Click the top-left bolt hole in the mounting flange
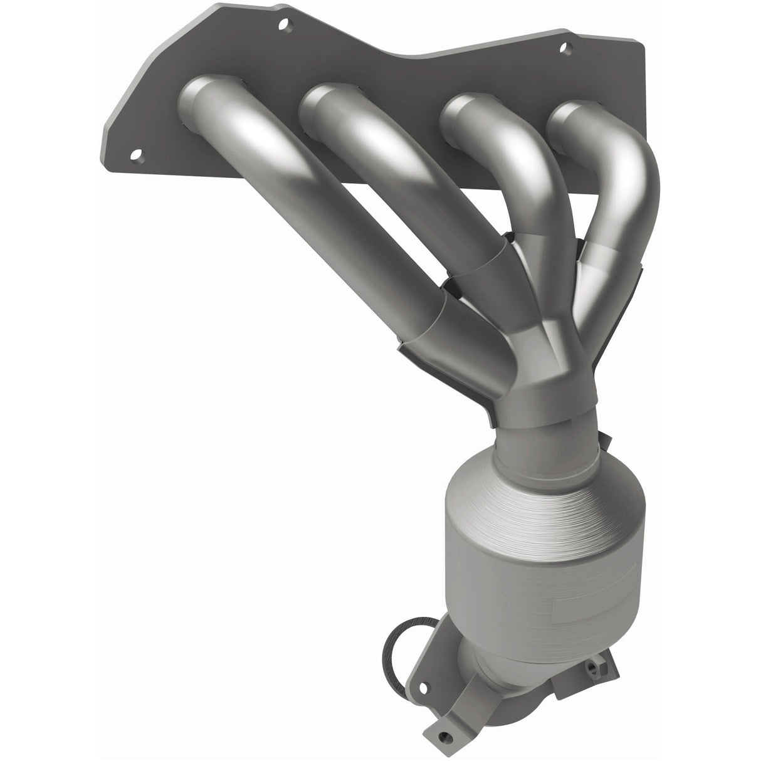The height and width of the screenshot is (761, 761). (285, 26)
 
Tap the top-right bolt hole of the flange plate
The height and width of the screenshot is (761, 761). (564, 46)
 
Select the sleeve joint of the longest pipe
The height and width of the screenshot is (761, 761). (426, 320)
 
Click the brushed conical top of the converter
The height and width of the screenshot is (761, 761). (533, 489)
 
